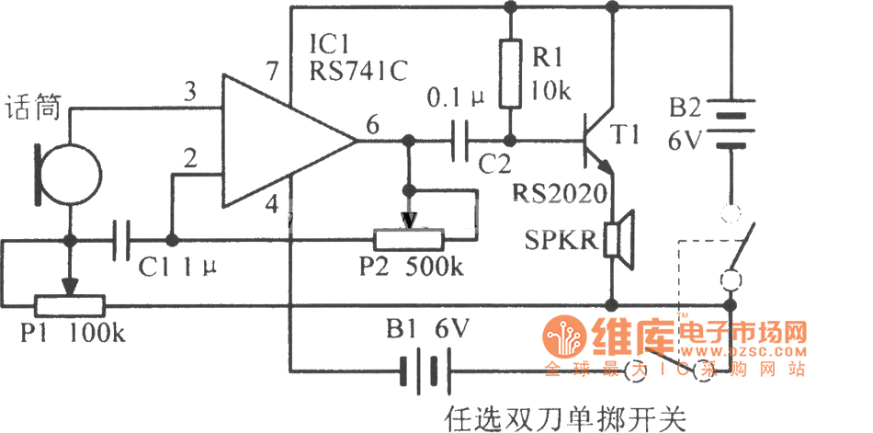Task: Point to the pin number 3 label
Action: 190,92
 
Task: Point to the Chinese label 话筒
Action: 33,108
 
